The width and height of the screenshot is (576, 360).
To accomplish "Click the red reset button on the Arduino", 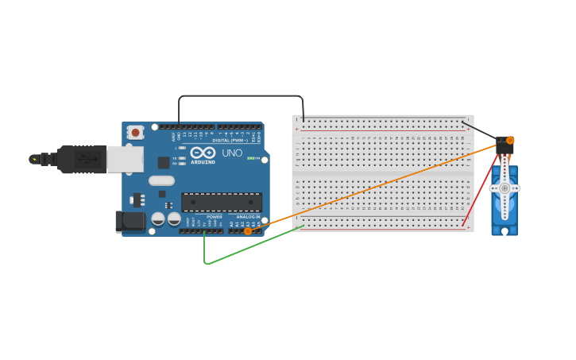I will click(136, 133).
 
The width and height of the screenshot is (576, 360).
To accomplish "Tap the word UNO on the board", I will click(232, 153).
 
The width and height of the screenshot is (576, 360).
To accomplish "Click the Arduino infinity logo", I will click(203, 153).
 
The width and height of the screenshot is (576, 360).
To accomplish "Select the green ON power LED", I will click(250, 159).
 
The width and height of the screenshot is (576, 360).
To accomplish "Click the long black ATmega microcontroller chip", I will click(222, 202).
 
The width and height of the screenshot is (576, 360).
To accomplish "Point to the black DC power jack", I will click(130, 222).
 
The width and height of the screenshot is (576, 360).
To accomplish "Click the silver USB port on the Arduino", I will click(125, 159).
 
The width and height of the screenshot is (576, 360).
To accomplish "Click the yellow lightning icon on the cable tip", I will click(34, 160).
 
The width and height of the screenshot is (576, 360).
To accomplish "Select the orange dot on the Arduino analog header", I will click(248, 230).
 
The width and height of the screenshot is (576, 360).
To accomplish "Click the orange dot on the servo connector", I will click(510, 140).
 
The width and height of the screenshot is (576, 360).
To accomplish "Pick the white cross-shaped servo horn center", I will click(504, 188).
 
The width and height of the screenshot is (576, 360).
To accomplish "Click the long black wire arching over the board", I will click(238, 96).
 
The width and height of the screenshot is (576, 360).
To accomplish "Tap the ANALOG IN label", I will click(248, 217).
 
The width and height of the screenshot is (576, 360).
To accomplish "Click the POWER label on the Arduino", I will click(215, 217).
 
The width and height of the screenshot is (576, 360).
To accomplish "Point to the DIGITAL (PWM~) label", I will click(230, 140).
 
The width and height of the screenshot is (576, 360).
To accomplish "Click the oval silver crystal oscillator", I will click(161, 180).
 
